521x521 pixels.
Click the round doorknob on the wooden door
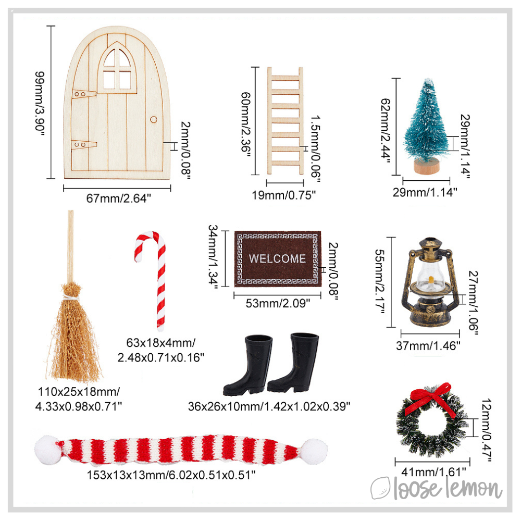154,119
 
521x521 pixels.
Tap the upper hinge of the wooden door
83,94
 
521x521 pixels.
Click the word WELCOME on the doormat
277,258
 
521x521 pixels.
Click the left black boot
245,365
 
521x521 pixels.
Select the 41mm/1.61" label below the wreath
432,472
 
